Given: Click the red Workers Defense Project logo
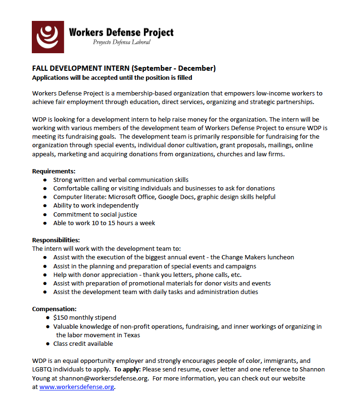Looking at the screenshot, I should coord(48,37).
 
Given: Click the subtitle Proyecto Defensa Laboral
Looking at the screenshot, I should coord(122,42).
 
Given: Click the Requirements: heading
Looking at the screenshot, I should coord(54,171).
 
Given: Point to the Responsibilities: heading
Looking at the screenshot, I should coord(56,240).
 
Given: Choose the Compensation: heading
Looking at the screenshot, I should coord(54,309).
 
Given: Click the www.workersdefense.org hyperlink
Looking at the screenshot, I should coord(76,387).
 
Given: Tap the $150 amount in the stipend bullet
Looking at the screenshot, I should coord(61,317).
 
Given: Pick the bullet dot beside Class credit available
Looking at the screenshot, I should coord(48,343).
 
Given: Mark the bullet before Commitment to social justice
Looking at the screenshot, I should coord(45,214).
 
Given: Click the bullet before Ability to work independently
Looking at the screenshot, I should coord(45,206).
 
